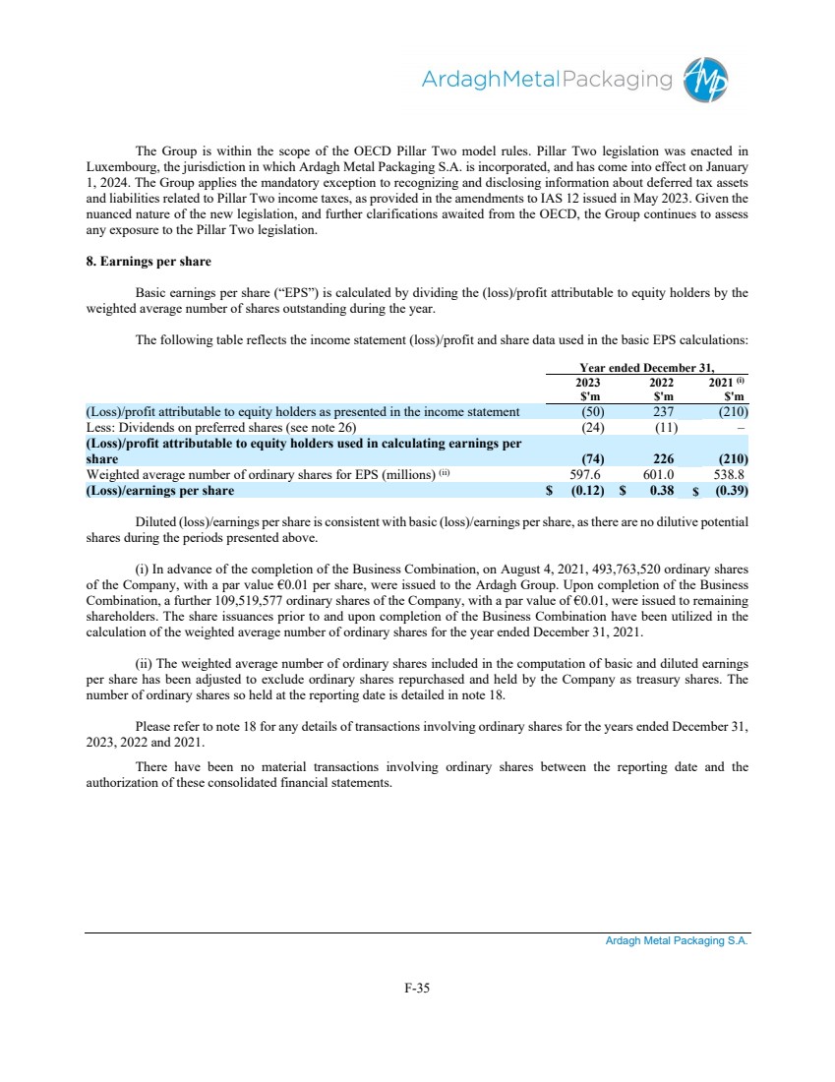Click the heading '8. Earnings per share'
coord(148,263)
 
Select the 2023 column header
coord(587,383)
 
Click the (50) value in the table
coord(593,411)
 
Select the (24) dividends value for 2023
coord(593,427)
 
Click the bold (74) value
coord(593,458)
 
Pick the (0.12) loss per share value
coord(586,490)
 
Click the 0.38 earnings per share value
coord(663,490)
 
